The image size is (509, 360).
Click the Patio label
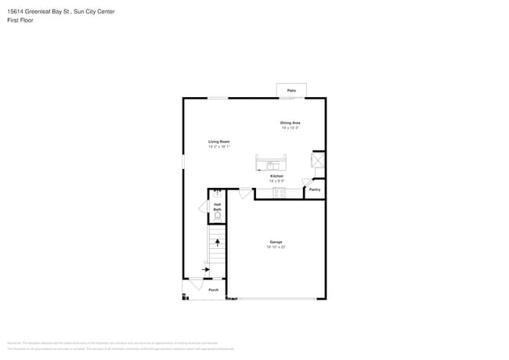291,91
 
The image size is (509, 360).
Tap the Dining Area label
291,123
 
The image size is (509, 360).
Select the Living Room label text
218,142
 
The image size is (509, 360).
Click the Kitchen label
277,176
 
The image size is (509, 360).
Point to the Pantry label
314,189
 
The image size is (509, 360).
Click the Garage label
276,242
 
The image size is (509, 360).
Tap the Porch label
214,290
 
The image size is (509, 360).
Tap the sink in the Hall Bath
217,192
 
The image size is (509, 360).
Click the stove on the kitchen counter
279,193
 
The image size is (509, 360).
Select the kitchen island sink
272,166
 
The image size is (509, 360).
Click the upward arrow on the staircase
218,243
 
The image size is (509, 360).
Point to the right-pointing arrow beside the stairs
205,269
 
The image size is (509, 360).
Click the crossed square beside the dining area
318,160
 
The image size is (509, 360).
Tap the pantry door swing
307,182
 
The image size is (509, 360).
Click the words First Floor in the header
20,20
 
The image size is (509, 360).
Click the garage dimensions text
276,247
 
